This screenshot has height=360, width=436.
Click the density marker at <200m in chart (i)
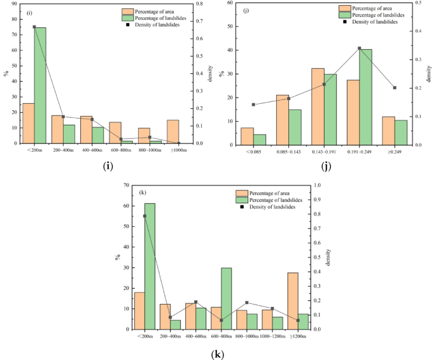(x=34, y=27)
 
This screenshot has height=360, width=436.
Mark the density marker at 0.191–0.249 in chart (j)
(x=360, y=48)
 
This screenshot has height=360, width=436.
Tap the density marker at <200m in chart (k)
(x=144, y=216)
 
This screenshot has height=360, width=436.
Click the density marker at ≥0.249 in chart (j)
(x=395, y=88)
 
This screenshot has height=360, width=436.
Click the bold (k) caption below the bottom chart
(x=218, y=352)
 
